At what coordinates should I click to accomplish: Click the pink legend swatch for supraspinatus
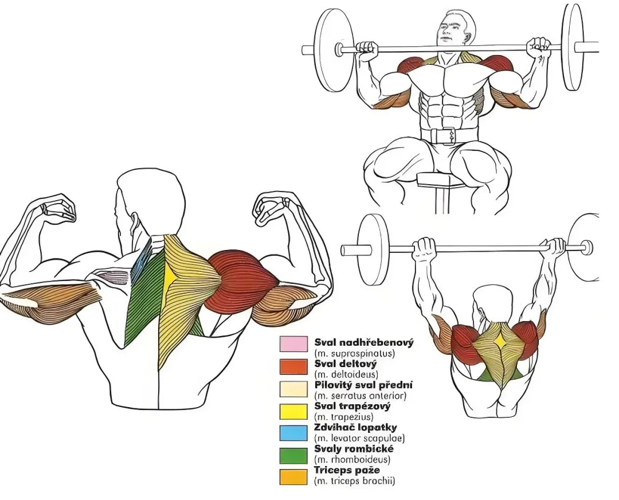tap(293, 344)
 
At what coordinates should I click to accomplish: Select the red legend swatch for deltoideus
tap(293, 366)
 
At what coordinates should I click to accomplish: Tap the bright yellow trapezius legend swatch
tap(293, 412)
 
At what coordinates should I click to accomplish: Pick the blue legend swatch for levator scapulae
tap(293, 433)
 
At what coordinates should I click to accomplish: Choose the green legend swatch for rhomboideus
tap(293, 455)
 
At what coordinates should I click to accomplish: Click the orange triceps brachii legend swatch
tap(293, 476)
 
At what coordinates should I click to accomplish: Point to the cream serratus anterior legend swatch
tap(293, 389)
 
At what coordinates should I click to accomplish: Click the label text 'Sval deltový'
tap(346, 364)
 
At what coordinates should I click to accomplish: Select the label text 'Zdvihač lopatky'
tap(356, 427)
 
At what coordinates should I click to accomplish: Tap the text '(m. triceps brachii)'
tap(355, 481)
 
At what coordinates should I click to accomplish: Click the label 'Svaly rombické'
tap(354, 448)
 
